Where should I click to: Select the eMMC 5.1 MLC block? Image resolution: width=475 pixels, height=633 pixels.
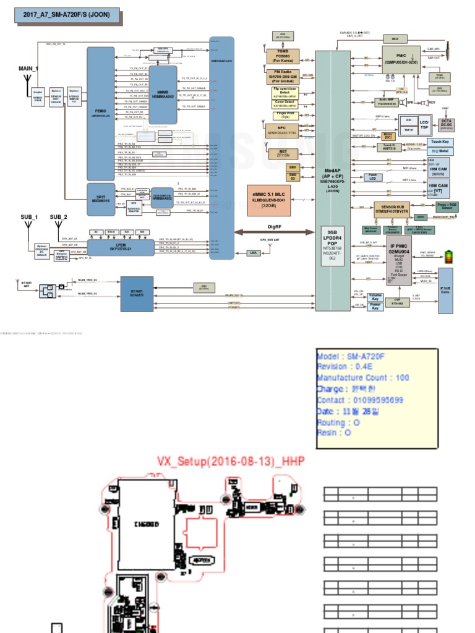(x=268, y=199)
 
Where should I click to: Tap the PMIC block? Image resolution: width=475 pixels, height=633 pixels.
(x=401, y=59)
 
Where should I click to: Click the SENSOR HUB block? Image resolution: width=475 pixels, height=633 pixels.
(x=400, y=208)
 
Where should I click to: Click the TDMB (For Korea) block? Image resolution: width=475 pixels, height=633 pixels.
(x=283, y=56)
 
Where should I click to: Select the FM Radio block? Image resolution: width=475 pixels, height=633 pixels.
(x=283, y=75)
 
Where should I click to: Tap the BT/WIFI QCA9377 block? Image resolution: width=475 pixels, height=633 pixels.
(x=137, y=294)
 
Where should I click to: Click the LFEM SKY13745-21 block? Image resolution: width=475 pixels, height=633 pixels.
(x=120, y=247)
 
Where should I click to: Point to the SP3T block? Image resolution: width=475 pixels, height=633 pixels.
(x=101, y=198)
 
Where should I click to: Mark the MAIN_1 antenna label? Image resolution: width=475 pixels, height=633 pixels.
(x=29, y=69)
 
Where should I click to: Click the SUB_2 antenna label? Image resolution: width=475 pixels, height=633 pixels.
(x=59, y=217)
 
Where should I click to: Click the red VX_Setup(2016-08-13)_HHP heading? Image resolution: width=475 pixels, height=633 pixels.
(x=231, y=461)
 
